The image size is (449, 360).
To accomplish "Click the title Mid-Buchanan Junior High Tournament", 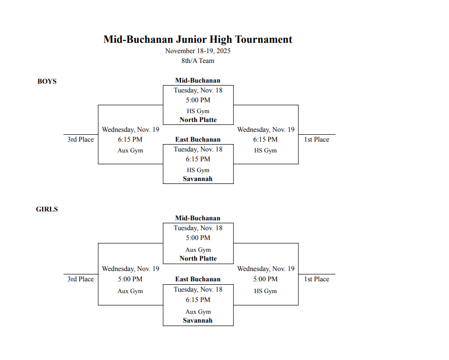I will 198,39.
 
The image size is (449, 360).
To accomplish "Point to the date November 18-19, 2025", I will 198,51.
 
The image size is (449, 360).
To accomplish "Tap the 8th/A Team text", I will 198,61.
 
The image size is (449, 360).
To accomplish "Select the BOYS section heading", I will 47,81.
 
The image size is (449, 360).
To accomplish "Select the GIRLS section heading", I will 47,209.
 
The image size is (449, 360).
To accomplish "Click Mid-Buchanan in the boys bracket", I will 198,80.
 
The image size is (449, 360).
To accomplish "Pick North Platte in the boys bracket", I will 198,120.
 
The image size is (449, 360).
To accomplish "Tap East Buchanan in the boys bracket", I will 198,140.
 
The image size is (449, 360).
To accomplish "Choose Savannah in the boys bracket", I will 198,179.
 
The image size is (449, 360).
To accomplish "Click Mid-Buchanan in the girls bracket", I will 198,218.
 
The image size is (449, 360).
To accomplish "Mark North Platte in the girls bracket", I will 198,258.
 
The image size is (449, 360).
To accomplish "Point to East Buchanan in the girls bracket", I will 198,279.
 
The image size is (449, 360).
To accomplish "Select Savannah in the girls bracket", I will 198,320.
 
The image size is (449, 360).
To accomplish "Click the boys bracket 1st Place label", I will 316,140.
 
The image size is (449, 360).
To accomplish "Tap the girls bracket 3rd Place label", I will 80,279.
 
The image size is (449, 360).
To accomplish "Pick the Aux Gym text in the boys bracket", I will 130,150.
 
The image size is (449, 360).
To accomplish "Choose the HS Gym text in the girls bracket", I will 265,291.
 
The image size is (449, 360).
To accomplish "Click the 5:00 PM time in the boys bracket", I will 198,100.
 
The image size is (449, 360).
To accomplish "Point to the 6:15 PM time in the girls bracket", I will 198,300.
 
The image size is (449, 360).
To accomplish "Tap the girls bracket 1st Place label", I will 316,279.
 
